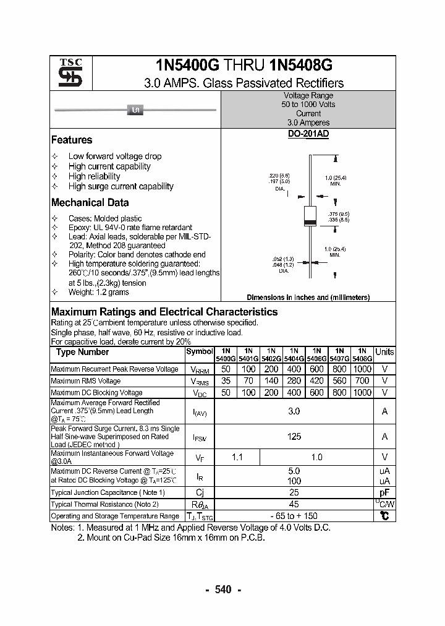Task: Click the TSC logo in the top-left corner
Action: pos(66,74)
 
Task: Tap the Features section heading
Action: pos(72,140)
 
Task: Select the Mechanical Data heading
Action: pos(90,203)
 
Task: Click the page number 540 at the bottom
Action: pos(222,590)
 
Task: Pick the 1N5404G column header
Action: pos(294,354)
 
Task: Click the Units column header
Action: pos(384,352)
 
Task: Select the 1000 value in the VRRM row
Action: pos(362,369)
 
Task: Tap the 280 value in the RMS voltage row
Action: pos(294,381)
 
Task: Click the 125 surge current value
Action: pos(294,437)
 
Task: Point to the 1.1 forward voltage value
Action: pos(237,457)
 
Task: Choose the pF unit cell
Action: pos(384,492)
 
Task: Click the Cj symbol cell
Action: pos(199,492)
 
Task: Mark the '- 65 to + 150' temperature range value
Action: pos(294,516)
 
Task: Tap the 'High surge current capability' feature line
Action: pos(121,186)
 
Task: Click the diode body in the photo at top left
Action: pos(135,111)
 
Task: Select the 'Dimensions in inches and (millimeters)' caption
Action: pos(308,298)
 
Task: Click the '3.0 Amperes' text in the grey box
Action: pos(308,123)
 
